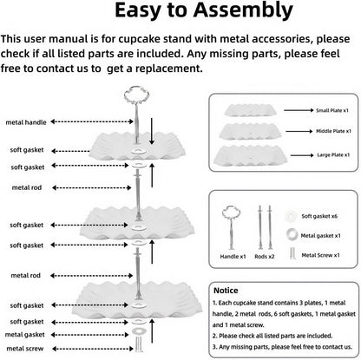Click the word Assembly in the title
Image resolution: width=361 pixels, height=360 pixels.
243,11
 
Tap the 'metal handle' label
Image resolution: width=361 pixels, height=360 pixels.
26,122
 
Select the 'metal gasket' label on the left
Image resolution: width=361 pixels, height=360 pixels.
25,335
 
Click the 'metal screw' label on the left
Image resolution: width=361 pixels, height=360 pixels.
25,349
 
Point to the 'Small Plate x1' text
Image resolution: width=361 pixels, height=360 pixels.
332,110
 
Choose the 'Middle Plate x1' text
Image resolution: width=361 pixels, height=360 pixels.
333,131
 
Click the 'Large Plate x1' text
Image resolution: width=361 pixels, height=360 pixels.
333,155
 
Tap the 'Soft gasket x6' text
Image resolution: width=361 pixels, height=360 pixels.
319,216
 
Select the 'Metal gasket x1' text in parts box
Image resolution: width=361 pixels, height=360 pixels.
320,236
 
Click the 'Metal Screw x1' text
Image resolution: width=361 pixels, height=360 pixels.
320,255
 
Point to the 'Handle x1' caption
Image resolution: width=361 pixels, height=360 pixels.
233,257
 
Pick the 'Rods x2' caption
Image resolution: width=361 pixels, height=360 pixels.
265,257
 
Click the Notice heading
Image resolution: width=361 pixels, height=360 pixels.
226,291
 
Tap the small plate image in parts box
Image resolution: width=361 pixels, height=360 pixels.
251,110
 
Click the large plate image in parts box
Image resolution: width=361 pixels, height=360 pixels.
250,155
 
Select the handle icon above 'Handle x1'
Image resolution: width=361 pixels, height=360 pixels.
231,228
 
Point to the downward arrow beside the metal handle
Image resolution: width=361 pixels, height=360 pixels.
152,131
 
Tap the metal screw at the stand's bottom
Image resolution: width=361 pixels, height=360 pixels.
139,344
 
